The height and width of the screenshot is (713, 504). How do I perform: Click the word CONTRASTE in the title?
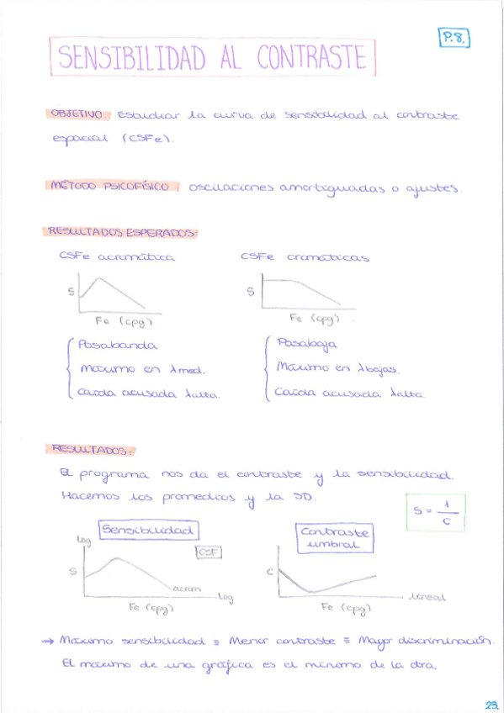pos(312,57)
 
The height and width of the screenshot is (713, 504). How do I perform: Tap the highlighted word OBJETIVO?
pos(77,114)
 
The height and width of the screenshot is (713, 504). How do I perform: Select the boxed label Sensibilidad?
pos(149,531)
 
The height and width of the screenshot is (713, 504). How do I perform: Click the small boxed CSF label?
pos(207,552)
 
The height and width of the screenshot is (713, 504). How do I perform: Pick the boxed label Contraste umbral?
pos(335,538)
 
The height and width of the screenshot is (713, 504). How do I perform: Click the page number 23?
pos(491,705)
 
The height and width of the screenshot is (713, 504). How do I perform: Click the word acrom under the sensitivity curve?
pos(186,589)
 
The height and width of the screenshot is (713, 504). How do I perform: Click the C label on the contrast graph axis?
pos(271,573)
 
